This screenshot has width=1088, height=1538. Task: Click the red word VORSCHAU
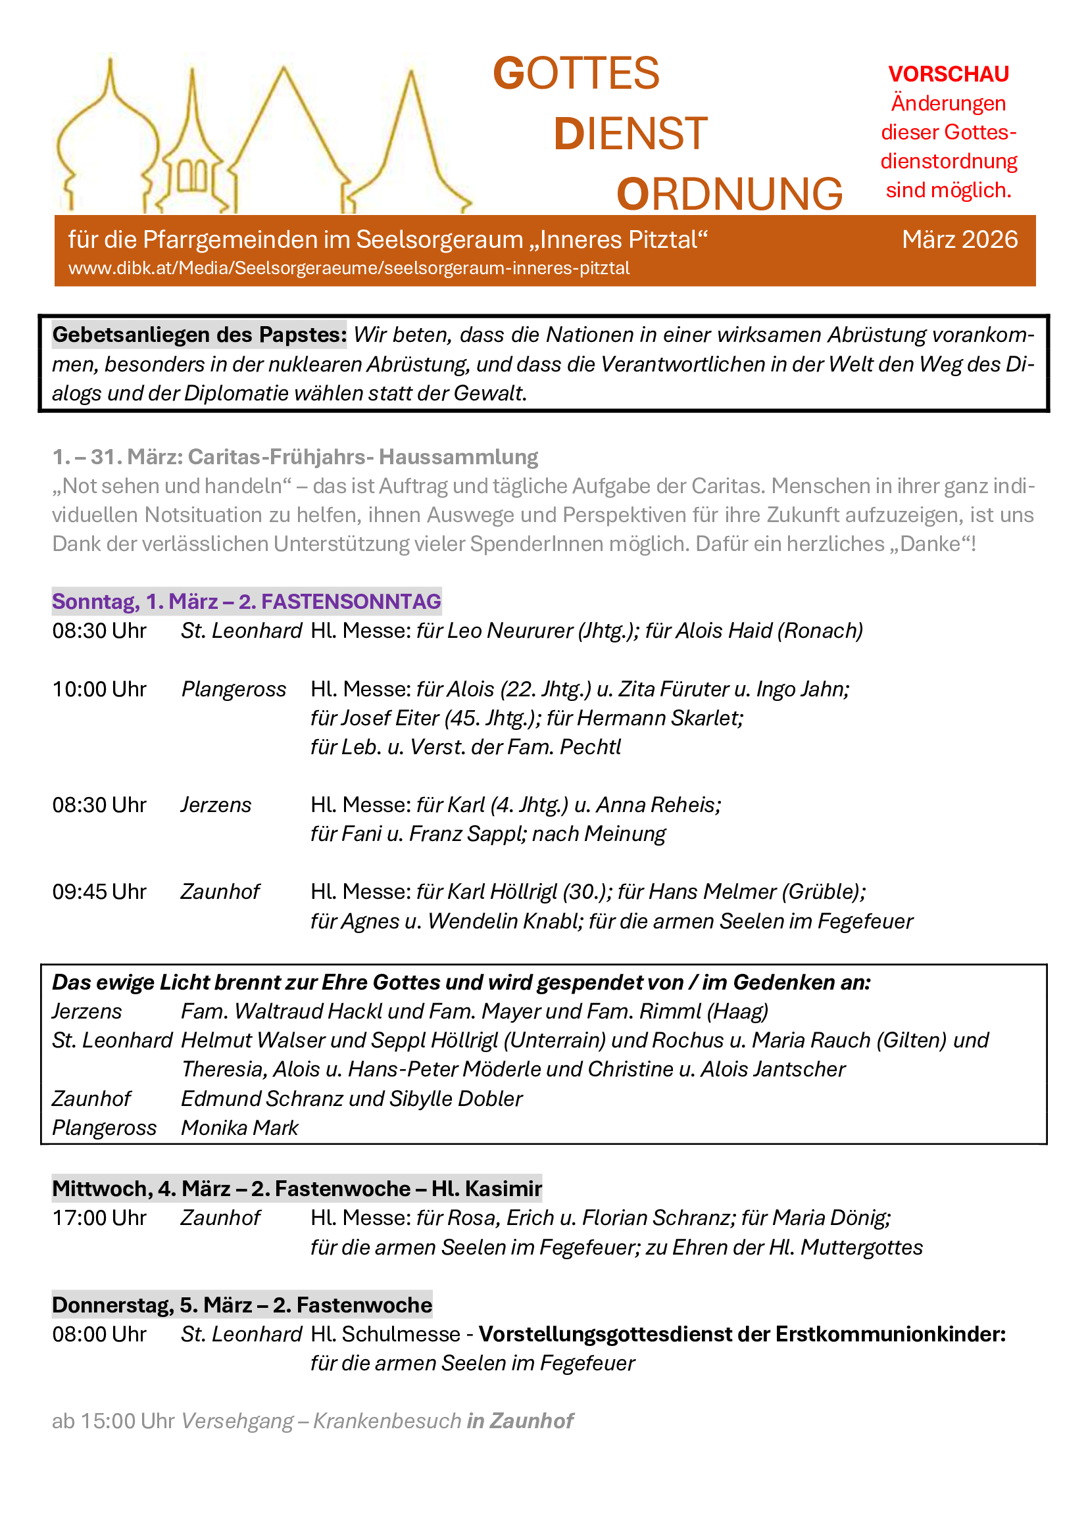coord(948,74)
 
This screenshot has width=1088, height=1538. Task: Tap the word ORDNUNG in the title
coord(729,194)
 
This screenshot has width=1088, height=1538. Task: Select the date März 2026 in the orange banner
coord(959,239)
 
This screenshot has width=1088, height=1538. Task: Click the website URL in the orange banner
coord(349,269)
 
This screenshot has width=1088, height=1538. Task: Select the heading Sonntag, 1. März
coord(246,602)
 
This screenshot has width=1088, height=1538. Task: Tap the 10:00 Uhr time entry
coord(99,689)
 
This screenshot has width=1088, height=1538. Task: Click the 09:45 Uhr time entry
coord(99,892)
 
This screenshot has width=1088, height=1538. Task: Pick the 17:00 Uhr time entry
coord(99,1218)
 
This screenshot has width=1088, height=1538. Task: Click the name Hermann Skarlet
coord(659,718)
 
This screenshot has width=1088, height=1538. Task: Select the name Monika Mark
coord(239,1128)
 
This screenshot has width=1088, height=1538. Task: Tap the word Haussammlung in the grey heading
coord(458,457)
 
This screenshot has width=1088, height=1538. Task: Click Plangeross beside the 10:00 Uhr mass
coord(234,689)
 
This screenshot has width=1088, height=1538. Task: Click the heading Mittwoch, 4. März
coord(297,1188)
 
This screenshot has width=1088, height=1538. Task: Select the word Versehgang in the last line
coord(237,1422)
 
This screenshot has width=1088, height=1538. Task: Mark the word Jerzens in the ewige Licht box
coord(87,1011)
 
